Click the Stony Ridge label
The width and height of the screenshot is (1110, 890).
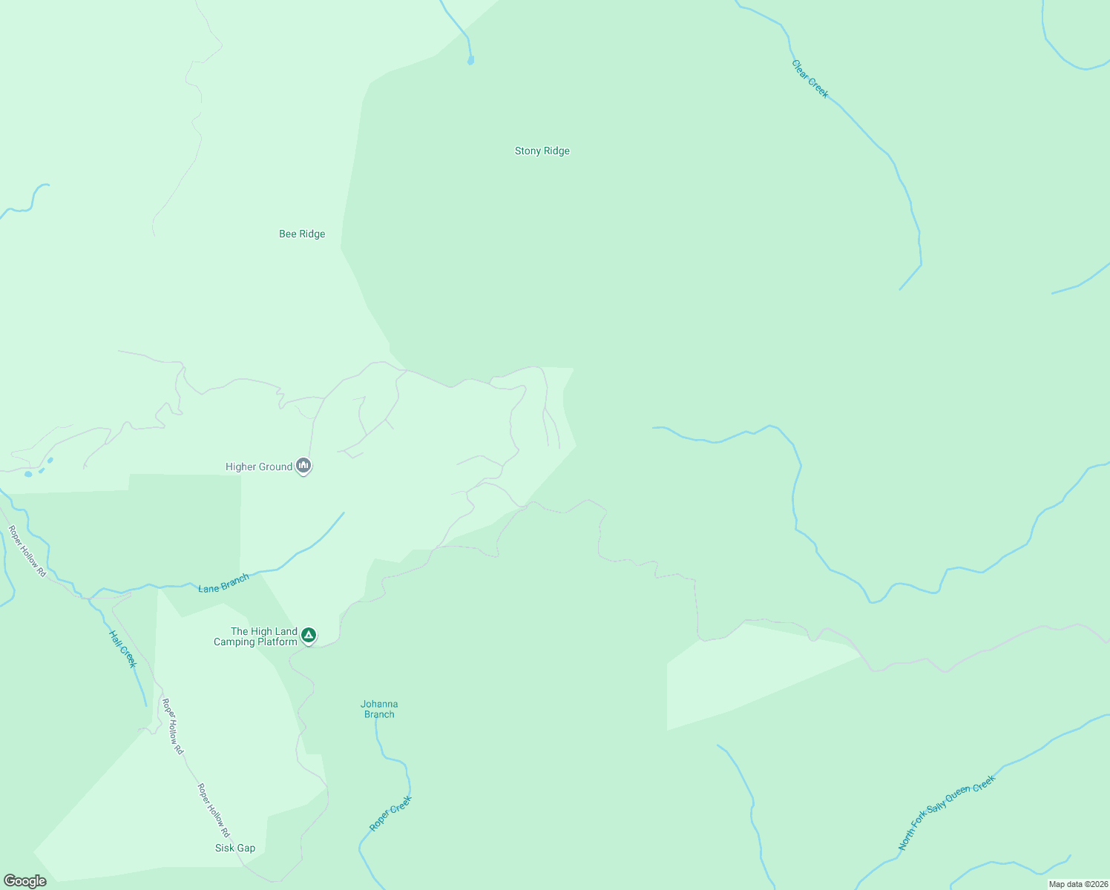click(542, 151)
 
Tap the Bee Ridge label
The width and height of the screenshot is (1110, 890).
click(302, 234)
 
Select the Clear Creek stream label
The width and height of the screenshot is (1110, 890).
click(809, 79)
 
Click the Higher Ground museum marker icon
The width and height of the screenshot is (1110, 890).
click(303, 466)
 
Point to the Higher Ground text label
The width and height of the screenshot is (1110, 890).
click(259, 467)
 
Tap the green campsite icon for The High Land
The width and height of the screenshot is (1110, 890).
click(309, 636)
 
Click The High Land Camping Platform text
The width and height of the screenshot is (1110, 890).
click(255, 637)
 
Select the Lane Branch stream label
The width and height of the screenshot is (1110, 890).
click(223, 583)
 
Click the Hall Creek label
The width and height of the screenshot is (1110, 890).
click(123, 649)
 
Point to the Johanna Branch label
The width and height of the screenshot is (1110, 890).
click(379, 710)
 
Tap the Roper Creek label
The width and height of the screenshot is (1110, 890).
click(390, 814)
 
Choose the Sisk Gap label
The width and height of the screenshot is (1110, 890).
click(235, 848)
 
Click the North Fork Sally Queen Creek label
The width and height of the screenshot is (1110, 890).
click(946, 813)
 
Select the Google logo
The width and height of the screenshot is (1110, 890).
click(25, 881)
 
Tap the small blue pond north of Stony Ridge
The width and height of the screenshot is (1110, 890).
click(470, 61)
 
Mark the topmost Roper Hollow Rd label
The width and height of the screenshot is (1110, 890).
click(27, 552)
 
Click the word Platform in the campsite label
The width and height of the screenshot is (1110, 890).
click(277, 642)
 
